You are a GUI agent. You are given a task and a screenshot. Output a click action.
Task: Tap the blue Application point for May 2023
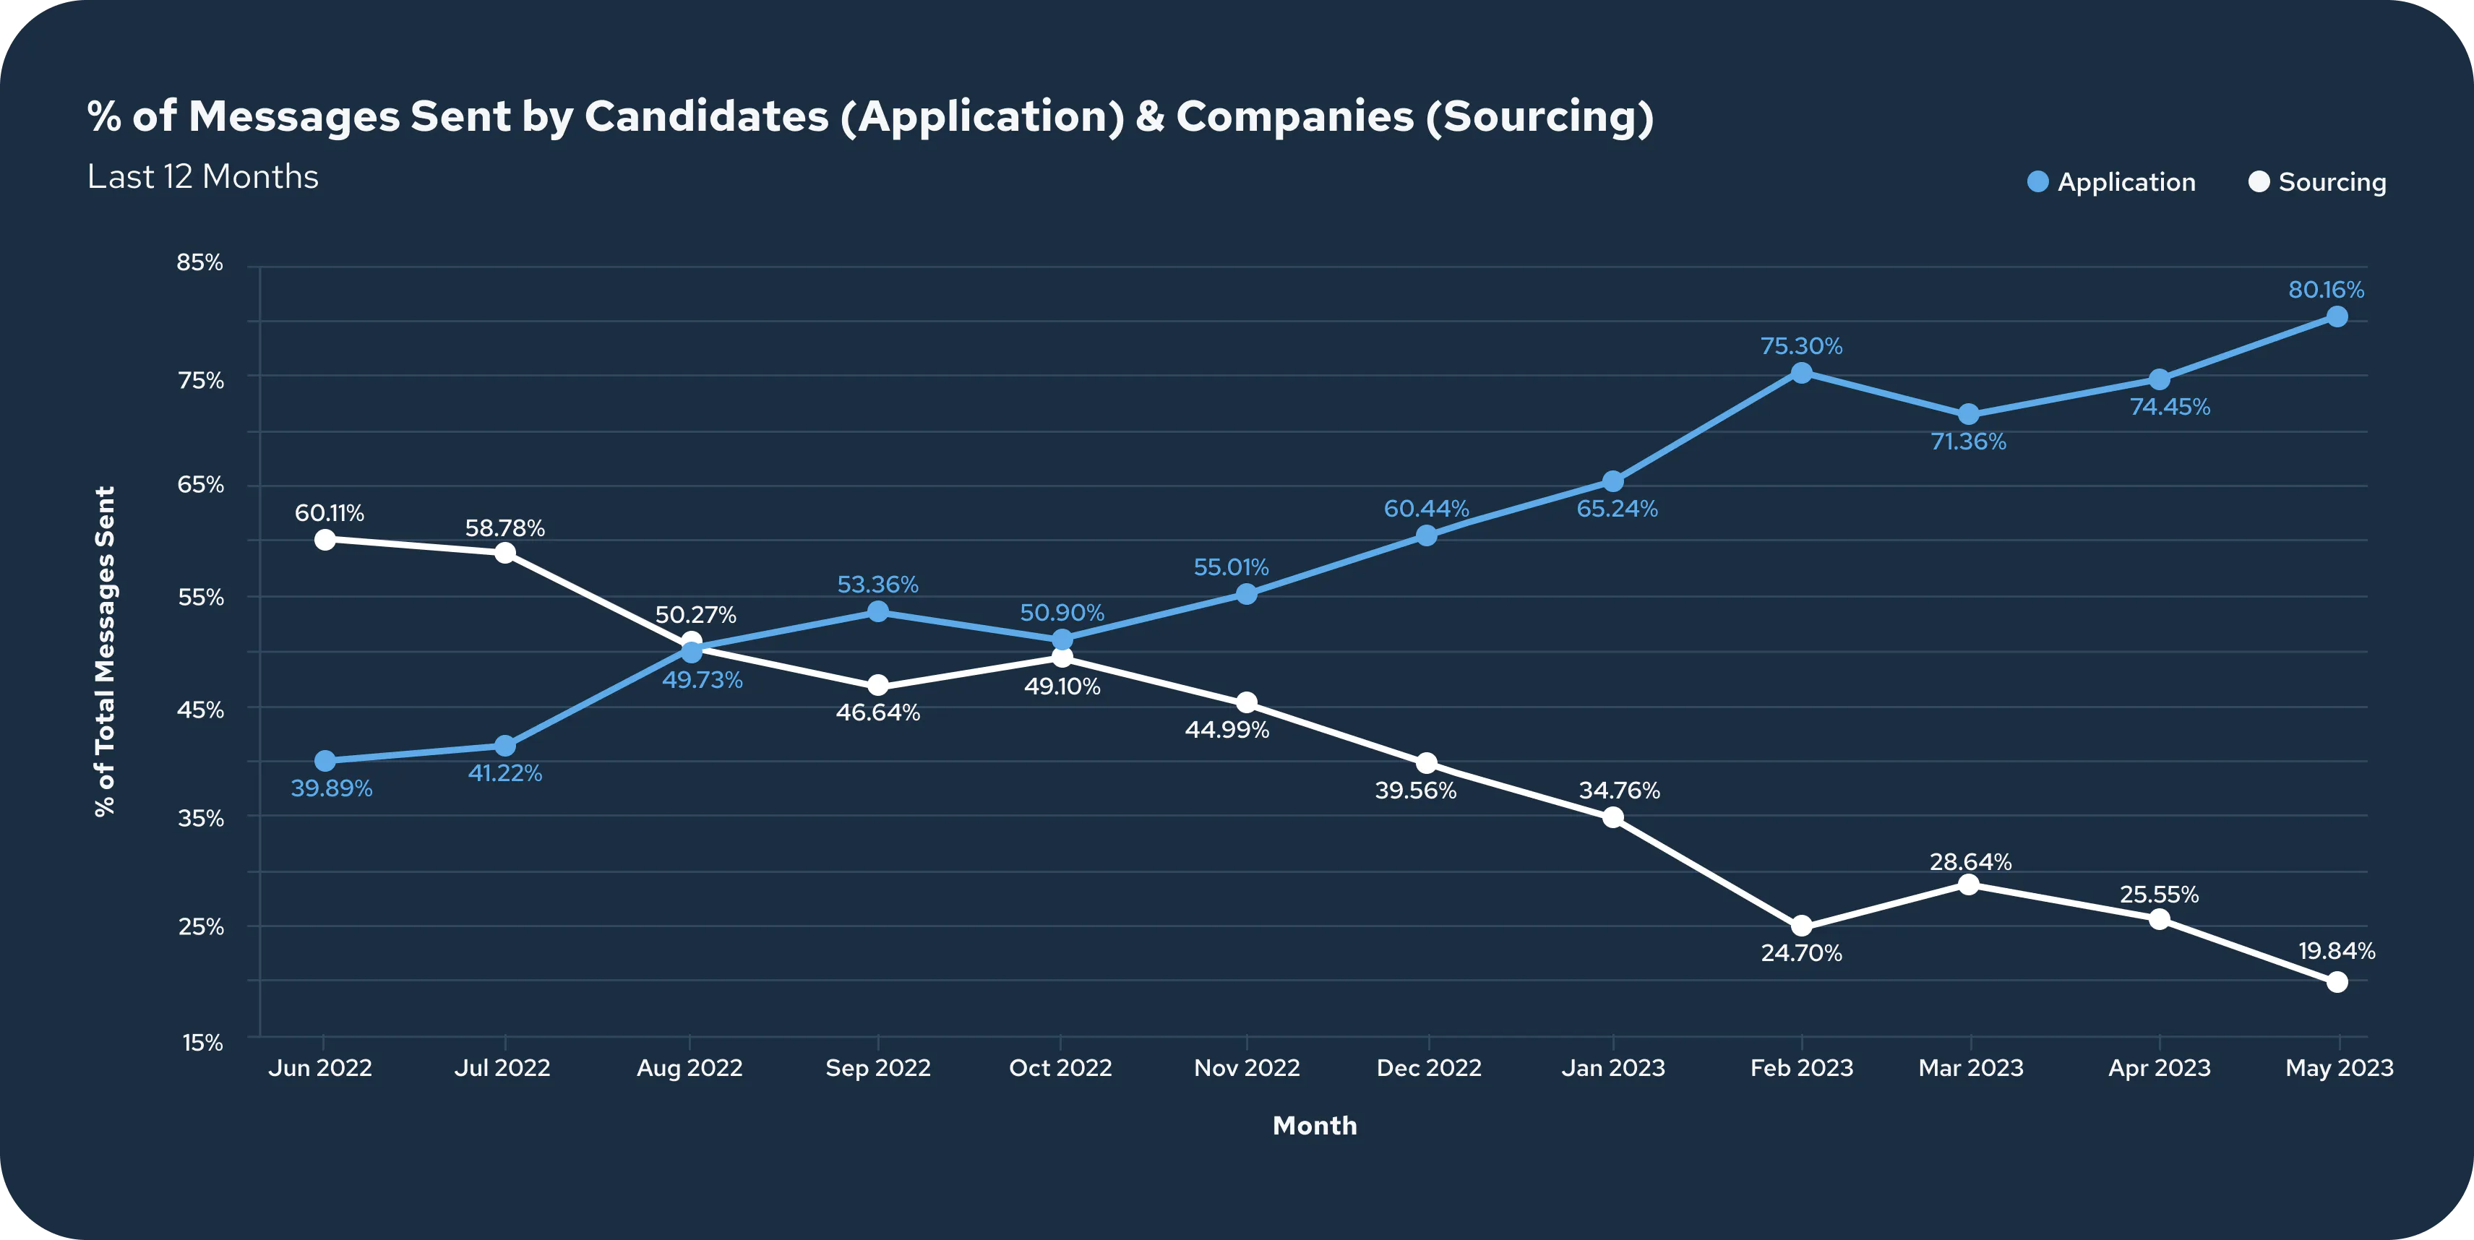pyautogui.click(x=2337, y=317)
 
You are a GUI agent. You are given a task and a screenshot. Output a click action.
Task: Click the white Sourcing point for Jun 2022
pyautogui.click(x=325, y=540)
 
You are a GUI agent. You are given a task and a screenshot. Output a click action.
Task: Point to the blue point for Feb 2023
pyautogui.click(x=1802, y=373)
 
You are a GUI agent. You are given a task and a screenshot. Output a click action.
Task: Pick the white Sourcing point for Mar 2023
pyautogui.click(x=1968, y=884)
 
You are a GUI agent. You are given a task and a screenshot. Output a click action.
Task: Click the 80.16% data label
pyautogui.click(x=2326, y=289)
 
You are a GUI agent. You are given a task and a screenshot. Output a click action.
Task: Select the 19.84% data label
pyautogui.click(x=2337, y=951)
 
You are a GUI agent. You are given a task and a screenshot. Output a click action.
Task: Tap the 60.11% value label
pyautogui.click(x=330, y=513)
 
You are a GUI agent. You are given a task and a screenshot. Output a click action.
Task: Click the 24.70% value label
pyautogui.click(x=1802, y=953)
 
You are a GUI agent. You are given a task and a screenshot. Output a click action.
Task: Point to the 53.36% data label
pyautogui.click(x=878, y=584)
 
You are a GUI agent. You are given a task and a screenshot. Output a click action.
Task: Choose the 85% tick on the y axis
pyautogui.click(x=199, y=262)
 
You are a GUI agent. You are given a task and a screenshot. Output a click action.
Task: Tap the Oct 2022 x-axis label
pyautogui.click(x=1060, y=1067)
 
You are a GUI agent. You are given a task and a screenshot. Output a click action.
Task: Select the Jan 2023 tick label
pyautogui.click(x=1613, y=1067)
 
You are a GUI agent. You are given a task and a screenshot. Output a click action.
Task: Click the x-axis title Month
pyautogui.click(x=1315, y=1126)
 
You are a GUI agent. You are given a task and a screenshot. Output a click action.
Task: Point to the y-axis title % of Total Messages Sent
pyautogui.click(x=105, y=651)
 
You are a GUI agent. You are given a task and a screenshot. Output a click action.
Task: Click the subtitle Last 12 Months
pyautogui.click(x=202, y=177)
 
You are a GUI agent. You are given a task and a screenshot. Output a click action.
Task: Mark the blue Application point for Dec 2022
pyautogui.click(x=1426, y=535)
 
